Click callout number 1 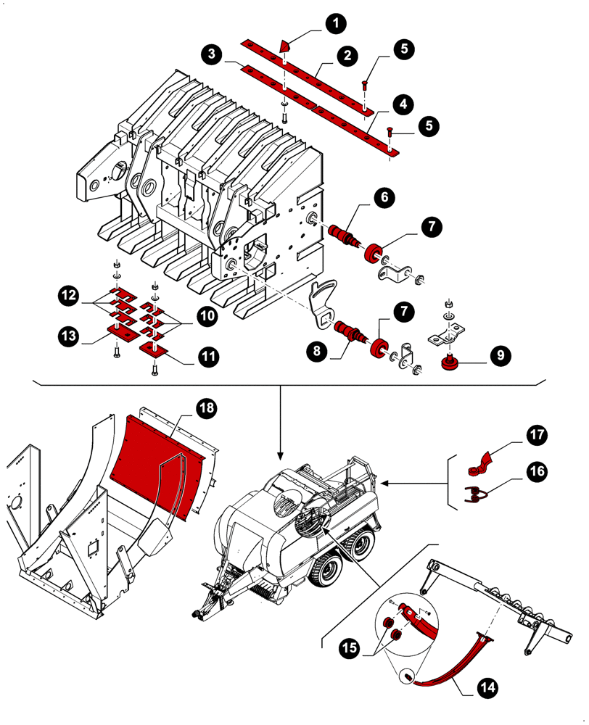coord(334,24)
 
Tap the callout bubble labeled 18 coord(207,408)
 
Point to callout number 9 coord(500,356)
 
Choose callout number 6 coord(385,196)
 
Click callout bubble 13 coord(70,336)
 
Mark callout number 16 coord(537,471)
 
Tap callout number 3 coord(211,54)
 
